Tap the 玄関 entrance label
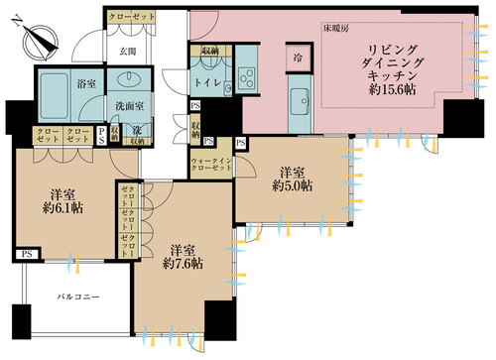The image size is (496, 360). coord(129,51)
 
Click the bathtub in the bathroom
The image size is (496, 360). coord(60,82)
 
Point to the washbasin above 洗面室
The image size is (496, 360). coord(127,83)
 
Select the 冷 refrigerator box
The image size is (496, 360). coord(297,57)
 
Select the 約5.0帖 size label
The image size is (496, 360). coord(293,185)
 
